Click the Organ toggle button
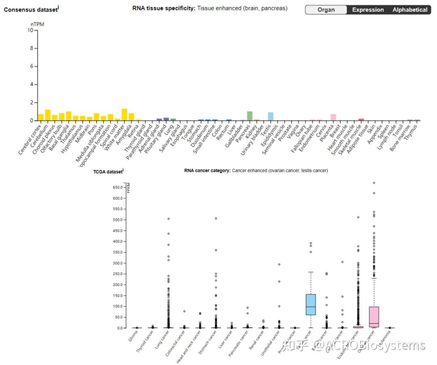tap(326, 10)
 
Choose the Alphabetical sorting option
tap(409, 10)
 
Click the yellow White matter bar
tap(124, 115)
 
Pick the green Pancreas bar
tap(250, 116)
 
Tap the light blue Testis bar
tap(271, 116)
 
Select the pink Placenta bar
tap(333, 117)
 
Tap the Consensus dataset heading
tap(30, 9)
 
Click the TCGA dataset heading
tap(108, 172)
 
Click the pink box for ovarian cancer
tap(374, 317)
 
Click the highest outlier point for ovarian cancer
tap(374, 183)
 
